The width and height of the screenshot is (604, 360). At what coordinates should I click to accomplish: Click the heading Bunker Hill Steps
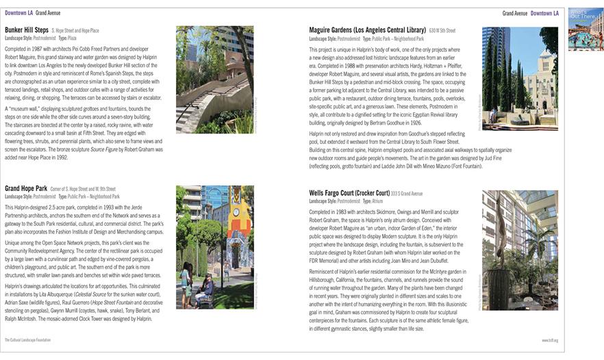[27, 31]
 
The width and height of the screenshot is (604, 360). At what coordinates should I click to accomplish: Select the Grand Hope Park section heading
[25, 188]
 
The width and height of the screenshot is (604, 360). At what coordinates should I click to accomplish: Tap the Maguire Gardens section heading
[367, 31]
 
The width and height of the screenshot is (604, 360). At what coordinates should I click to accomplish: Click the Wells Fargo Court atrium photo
[520, 251]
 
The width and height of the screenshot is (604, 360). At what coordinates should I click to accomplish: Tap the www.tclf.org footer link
[550, 339]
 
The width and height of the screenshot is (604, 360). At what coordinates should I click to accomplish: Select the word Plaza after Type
[71, 38]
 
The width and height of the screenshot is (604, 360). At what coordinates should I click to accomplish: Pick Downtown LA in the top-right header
[544, 13]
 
